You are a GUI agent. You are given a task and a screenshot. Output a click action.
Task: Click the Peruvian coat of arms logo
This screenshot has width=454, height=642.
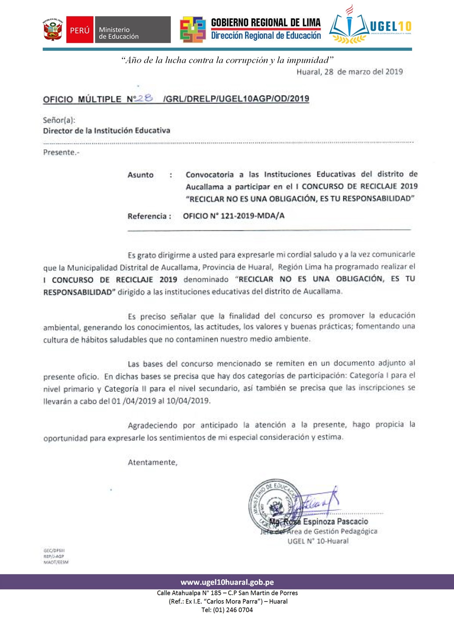pyautogui.click(x=53, y=30)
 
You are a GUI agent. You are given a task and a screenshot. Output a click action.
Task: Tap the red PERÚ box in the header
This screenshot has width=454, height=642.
pyautogui.click(x=79, y=30)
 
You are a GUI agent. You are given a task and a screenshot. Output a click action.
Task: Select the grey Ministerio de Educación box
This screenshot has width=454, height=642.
pyautogui.click(x=132, y=30)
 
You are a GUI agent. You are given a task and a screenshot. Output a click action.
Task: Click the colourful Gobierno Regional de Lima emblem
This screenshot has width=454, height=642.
pyautogui.click(x=193, y=29)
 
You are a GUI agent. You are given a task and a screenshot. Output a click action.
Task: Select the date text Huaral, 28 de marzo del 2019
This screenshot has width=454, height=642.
pyautogui.click(x=350, y=72)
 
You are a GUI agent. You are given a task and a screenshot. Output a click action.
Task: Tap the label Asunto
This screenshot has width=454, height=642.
pyautogui.click(x=141, y=175)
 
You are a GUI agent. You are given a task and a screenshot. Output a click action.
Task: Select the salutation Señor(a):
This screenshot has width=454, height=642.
pyautogui.click(x=59, y=120)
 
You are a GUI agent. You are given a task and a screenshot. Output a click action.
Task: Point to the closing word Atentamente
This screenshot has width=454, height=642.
pyautogui.click(x=152, y=462)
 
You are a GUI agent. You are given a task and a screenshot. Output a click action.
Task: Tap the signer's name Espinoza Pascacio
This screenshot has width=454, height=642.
pyautogui.click(x=335, y=521)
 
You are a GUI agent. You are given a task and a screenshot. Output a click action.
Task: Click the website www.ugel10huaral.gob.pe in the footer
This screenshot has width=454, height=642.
pyautogui.click(x=227, y=582)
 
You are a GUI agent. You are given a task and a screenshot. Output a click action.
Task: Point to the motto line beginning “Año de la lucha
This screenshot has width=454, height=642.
pyautogui.click(x=227, y=60)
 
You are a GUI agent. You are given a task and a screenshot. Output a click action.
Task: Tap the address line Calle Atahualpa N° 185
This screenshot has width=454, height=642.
pyautogui.click(x=227, y=593)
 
